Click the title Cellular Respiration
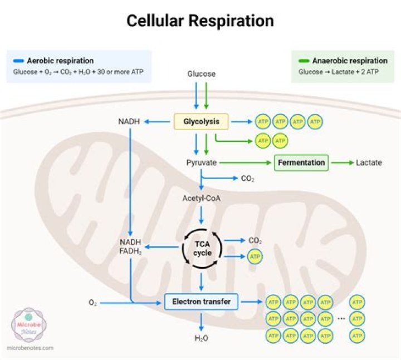tap(200, 21)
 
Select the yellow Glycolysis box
tap(201, 121)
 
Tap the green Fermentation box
tap(301, 162)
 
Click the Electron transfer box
tap(201, 302)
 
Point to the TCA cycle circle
tap(202, 248)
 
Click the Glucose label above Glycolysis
tap(201, 73)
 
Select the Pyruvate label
tap(201, 162)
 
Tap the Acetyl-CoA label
tap(201, 198)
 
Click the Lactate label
tap(369, 162)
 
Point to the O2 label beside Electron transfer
tap(93, 303)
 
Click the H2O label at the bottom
tap(201, 338)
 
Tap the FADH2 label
tap(130, 251)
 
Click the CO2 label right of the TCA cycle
tap(255, 240)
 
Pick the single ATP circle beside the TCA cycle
tap(255, 257)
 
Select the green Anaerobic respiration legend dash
tap(305, 61)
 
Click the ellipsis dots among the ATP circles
tap(341, 318)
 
